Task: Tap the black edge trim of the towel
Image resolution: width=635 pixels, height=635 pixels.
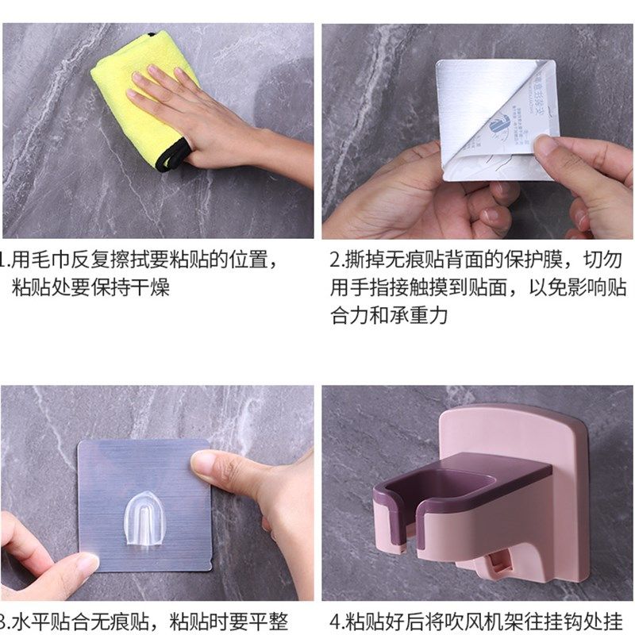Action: [170, 159]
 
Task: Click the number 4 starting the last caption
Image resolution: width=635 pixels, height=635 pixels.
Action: [335, 622]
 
